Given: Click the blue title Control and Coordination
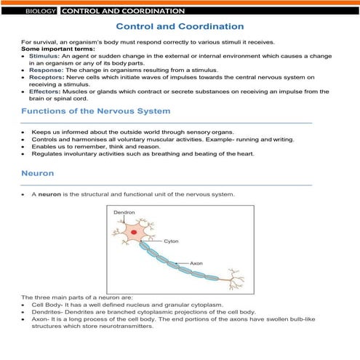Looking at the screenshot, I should pyautogui.click(x=179, y=27).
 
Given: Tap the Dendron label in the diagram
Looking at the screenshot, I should pyautogui.click(x=124, y=212).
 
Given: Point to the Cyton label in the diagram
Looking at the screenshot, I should pyautogui.click(x=171, y=241).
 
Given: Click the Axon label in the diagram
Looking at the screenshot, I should pyautogui.click(x=196, y=262).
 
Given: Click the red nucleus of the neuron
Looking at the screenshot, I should pyautogui.click(x=133, y=234).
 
